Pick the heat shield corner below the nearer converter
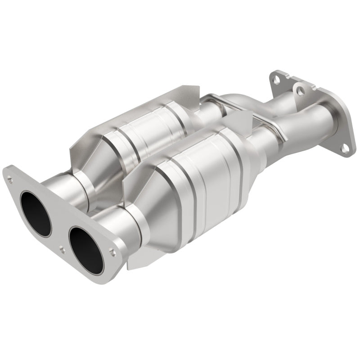click(135, 263)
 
